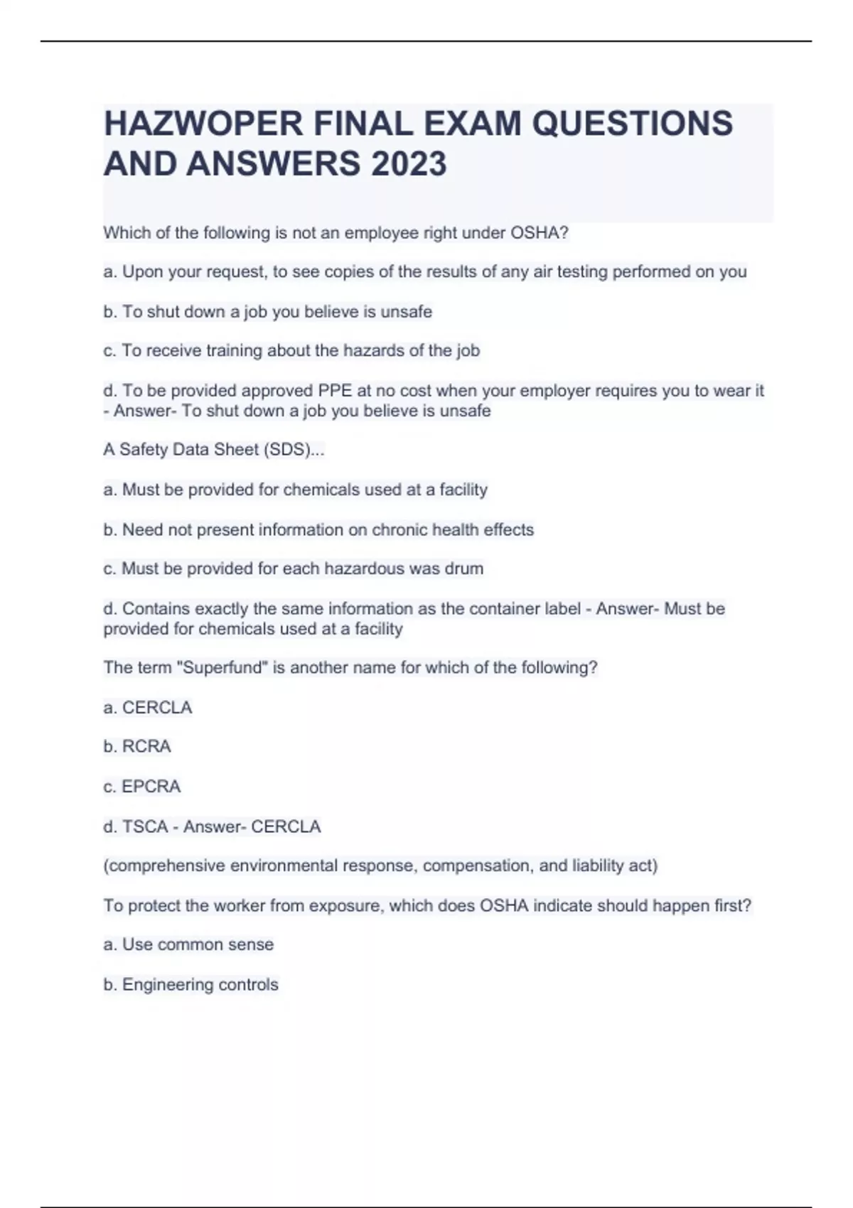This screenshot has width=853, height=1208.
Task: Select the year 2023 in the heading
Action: pyautogui.click(x=409, y=164)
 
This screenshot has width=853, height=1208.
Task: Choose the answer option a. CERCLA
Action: pyautogui.click(x=148, y=708)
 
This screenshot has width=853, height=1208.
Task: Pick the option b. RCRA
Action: pyautogui.click(x=137, y=747)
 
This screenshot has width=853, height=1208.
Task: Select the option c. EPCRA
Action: pyautogui.click(x=142, y=787)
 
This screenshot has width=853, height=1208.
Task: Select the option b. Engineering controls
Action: pyautogui.click(x=191, y=985)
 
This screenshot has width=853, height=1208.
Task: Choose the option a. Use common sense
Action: pyautogui.click(x=188, y=945)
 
